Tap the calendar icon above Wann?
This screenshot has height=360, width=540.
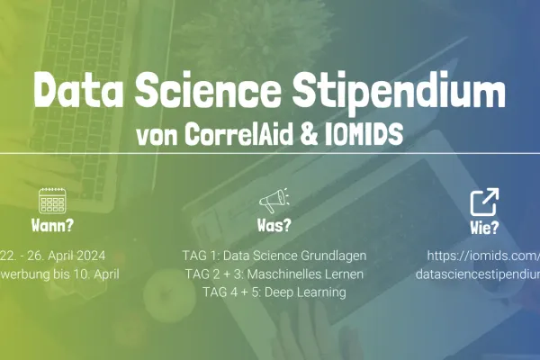click(x=53, y=201)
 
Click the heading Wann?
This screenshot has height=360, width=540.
click(x=53, y=225)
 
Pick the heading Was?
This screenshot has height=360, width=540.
click(x=274, y=225)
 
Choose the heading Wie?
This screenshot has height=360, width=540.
click(x=484, y=226)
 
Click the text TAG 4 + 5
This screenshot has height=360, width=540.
click(x=229, y=292)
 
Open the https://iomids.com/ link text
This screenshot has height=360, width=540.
click(x=487, y=256)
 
